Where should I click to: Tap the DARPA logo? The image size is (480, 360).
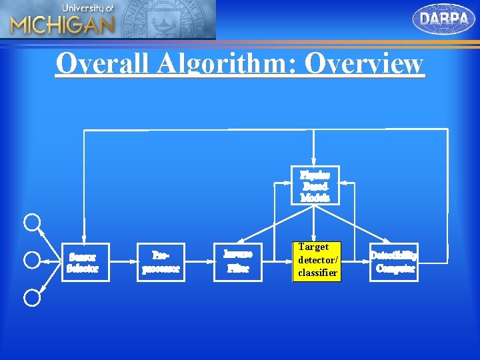pos(444,19)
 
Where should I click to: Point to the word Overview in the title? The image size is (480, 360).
pos(363,64)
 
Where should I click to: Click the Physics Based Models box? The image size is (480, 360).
pos(315,185)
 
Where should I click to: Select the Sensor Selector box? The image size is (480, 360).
pos(83,263)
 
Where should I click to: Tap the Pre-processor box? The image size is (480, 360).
pos(161,263)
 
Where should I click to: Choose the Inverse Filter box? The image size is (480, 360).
pos(238,261)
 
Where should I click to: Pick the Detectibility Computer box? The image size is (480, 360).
pos(395,262)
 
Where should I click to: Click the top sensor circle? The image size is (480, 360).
pos(32,222)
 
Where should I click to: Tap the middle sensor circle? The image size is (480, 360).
pos(32,259)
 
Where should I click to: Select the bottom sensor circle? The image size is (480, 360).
pos(32,297)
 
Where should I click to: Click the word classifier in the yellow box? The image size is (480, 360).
pos(318,273)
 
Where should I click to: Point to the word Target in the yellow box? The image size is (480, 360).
pos(313,247)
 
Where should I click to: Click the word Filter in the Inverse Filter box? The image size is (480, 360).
pos(238,269)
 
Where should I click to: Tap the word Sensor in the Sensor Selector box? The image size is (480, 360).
pos(83,257)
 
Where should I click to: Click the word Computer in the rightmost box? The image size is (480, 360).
pos(395,269)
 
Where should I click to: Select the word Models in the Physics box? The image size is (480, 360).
pos(315,197)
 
